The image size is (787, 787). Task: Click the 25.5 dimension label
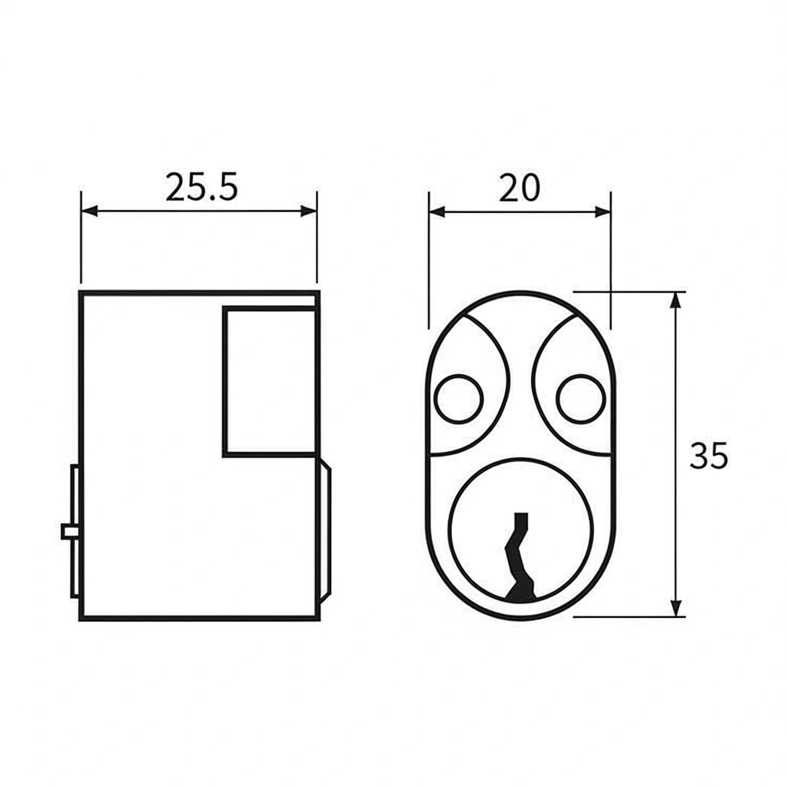(x=201, y=188)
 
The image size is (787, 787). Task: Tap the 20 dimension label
(x=520, y=188)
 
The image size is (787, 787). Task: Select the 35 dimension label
(x=708, y=456)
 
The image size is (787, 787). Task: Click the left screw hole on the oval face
(x=458, y=399)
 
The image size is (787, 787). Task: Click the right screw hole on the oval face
(x=581, y=399)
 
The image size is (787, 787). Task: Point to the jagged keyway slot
(x=520, y=556)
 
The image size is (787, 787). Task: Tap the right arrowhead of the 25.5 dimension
(x=308, y=211)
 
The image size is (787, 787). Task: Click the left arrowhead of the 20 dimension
(x=437, y=212)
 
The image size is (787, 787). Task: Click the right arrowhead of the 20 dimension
(x=603, y=212)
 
